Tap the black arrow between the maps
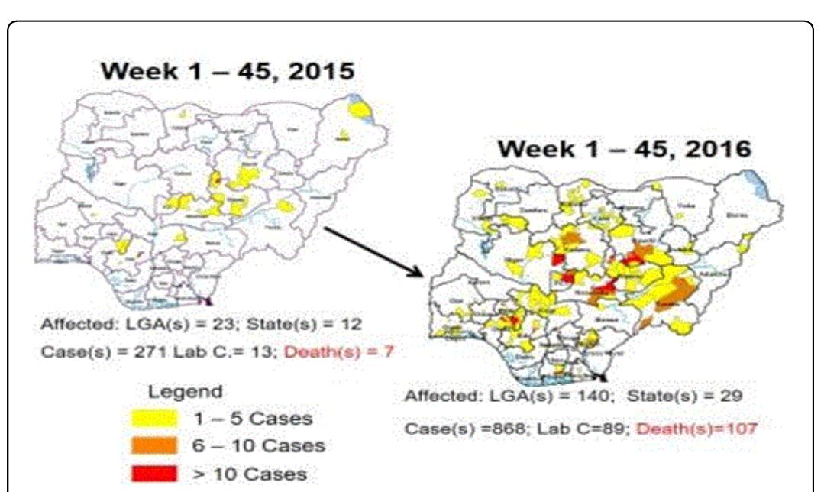click(x=373, y=251)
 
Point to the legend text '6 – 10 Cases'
click(x=260, y=446)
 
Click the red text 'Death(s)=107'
click(x=696, y=428)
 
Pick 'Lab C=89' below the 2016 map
click(x=590, y=428)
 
